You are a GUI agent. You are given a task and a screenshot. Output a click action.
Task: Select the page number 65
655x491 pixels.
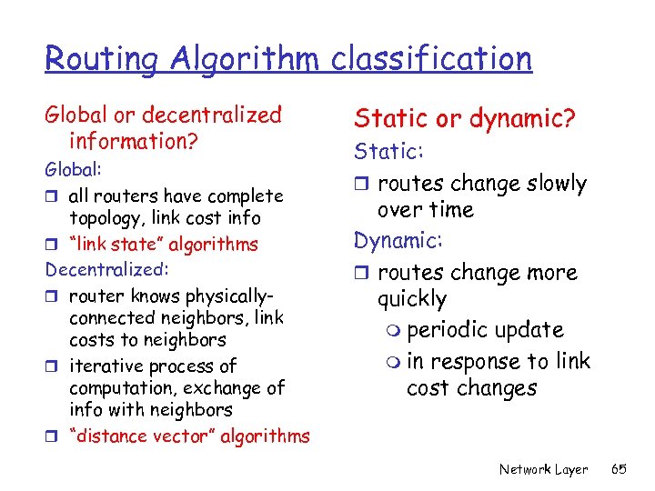coord(620,469)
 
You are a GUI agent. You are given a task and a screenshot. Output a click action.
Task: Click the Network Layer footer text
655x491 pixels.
coord(543,469)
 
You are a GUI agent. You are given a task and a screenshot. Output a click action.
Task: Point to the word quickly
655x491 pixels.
coord(412,299)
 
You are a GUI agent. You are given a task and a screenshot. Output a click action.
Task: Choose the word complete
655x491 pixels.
coord(247,196)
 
